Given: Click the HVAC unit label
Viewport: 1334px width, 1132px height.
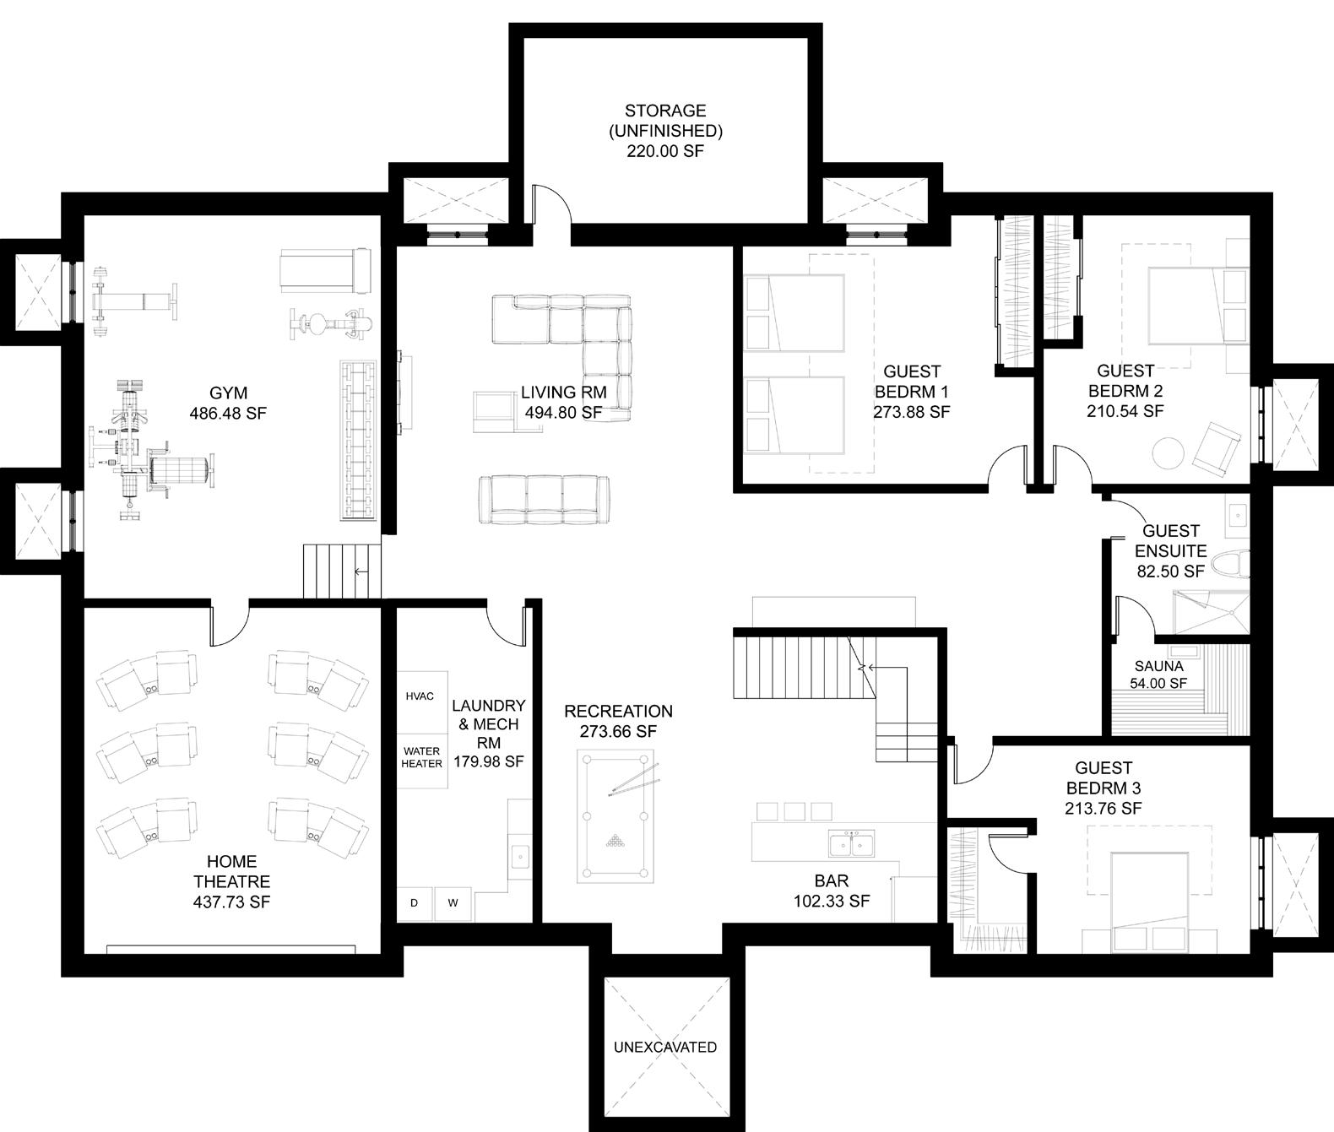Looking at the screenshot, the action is point(420,696).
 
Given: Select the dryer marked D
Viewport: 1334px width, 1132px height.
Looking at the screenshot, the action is point(414,903).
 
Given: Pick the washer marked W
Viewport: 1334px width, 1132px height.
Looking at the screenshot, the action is point(453,903).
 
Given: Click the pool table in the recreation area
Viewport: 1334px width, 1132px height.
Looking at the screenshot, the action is point(615,815).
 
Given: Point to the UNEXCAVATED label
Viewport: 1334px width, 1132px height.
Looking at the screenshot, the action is point(664,1047).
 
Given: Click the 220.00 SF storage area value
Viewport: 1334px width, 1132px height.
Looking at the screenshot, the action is point(665,151).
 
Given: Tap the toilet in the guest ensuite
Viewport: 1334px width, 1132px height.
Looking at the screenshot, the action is point(1231,565).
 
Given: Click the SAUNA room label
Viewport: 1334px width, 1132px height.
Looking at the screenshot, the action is point(1159,666).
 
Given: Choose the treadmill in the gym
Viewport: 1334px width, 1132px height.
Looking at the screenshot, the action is point(325,271).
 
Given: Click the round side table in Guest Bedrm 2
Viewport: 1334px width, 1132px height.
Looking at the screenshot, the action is point(1169,453).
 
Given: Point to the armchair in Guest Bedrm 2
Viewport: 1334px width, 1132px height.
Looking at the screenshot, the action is point(1216,450).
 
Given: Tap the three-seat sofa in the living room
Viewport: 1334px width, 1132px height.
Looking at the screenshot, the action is point(544,499).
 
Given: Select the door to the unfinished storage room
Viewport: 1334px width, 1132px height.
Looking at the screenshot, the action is point(551,205).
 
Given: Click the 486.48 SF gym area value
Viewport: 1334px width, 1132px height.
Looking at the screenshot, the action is point(228,413).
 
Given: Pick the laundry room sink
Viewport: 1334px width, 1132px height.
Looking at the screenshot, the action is point(520,857).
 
